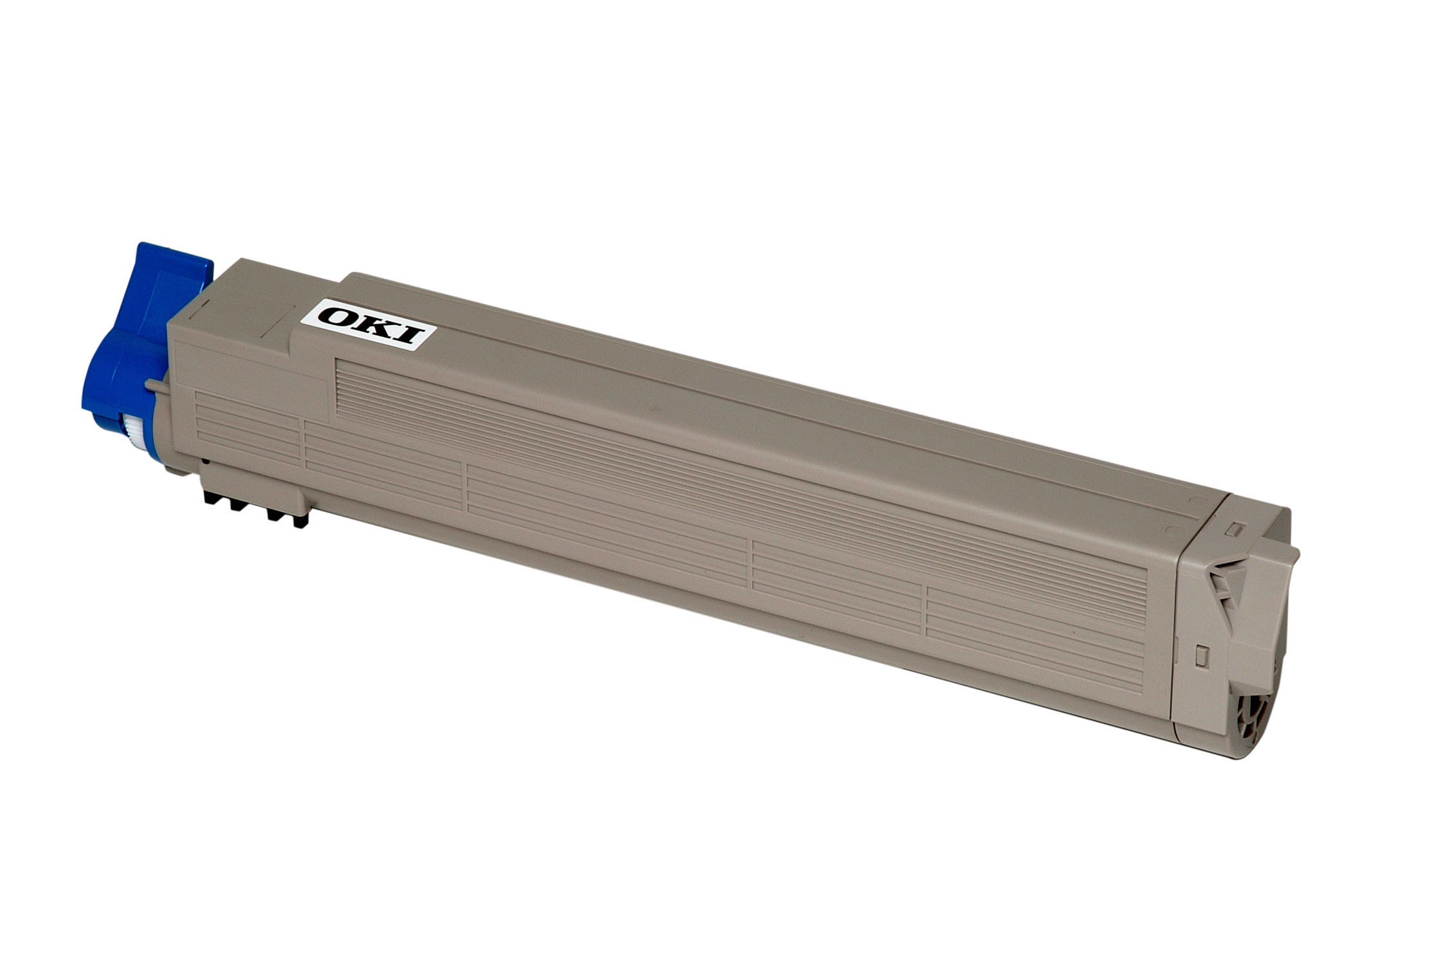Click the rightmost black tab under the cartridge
300,520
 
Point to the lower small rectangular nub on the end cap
1199,656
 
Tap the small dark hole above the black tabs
204,460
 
